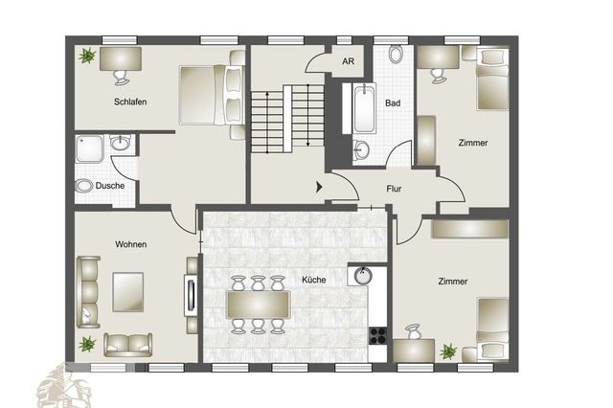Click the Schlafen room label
click(x=129, y=102)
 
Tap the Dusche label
click(x=109, y=185)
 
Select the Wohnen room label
click(x=130, y=244)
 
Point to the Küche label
click(x=313, y=280)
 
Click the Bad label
click(x=393, y=102)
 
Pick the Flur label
click(x=394, y=189)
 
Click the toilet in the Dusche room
click(x=84, y=185)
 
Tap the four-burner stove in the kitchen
click(x=377, y=336)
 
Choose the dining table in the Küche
click(x=258, y=306)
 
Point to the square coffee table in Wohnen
click(x=127, y=291)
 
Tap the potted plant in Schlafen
click(x=87, y=57)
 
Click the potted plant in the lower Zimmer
click(x=447, y=352)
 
